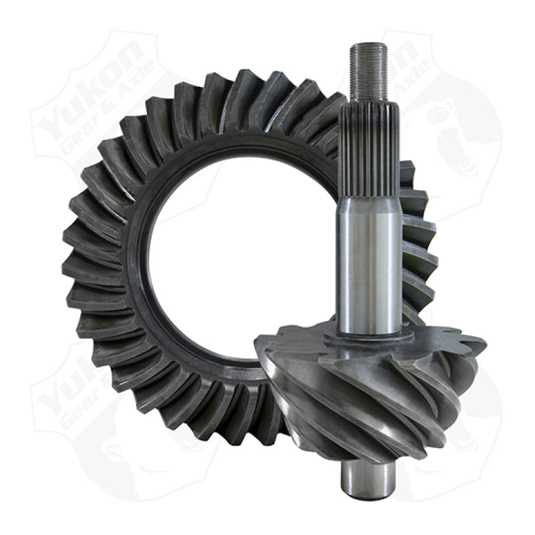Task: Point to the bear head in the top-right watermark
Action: pos(455,134)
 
